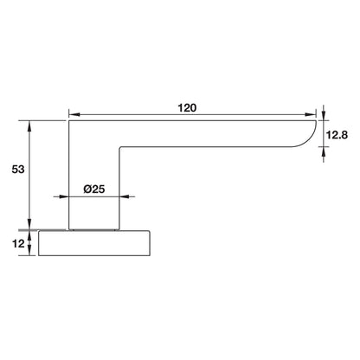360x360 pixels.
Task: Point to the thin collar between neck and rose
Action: click(x=93, y=230)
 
